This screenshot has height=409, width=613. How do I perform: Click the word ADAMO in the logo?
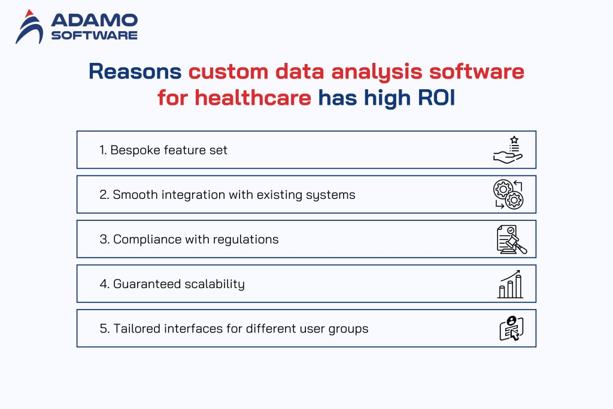[94, 20]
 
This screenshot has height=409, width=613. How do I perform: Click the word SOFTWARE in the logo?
[94, 35]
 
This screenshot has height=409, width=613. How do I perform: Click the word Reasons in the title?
[135, 71]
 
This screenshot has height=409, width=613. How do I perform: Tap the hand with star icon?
[508, 150]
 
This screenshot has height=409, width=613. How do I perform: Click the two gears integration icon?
[508, 194]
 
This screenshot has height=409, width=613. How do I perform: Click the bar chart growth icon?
[511, 284]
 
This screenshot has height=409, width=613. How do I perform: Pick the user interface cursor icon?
[511, 328]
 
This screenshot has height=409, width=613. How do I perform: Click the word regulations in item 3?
[248, 240]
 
